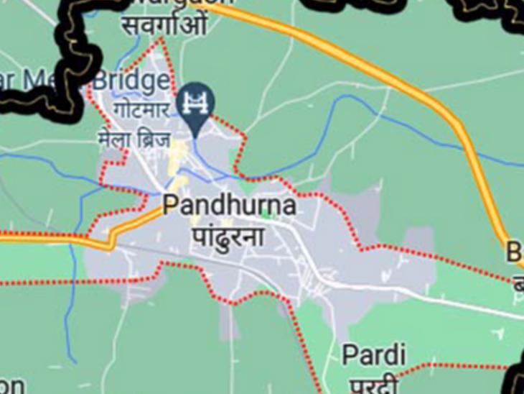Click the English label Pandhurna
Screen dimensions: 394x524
tap(230, 206)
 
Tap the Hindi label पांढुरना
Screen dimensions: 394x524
tap(228, 236)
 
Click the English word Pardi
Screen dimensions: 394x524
tap(373, 354)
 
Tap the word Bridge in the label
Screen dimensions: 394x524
tap(131, 81)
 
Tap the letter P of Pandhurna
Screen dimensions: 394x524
tap(171, 206)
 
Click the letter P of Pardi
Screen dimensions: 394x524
tap(349, 354)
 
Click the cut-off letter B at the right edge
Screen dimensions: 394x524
tap(515, 252)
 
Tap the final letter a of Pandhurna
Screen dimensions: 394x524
tap(289, 206)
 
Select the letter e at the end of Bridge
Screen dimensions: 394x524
tap(163, 82)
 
